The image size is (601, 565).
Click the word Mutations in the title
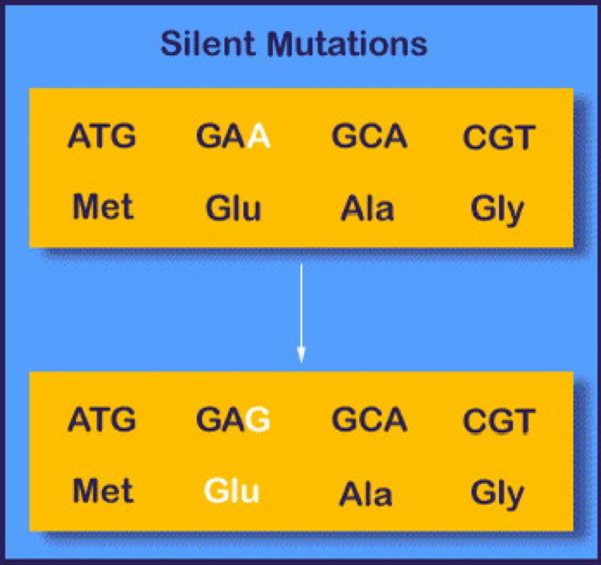click(347, 44)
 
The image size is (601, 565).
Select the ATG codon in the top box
click(102, 136)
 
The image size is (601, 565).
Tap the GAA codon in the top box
click(233, 136)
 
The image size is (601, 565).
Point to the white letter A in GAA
click(259, 136)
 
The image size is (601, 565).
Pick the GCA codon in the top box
click(369, 136)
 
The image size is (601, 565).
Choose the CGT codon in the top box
click(499, 138)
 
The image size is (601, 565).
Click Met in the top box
click(103, 207)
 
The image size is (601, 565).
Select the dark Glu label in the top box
click(233, 208)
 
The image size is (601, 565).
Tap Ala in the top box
click(368, 209)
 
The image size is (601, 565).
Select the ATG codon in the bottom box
click(102, 420)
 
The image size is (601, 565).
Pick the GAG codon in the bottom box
click(233, 420)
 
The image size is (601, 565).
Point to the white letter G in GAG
click(258, 420)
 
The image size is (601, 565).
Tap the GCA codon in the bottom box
click(369, 420)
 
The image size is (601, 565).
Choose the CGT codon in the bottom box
click(499, 421)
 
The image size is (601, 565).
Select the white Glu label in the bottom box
click(232, 491)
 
